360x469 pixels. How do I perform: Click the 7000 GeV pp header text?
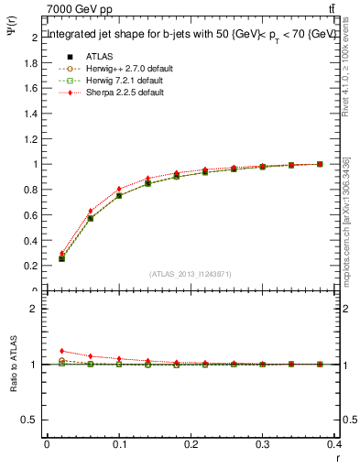coord(79,8)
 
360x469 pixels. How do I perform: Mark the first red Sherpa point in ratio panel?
coord(61,351)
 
